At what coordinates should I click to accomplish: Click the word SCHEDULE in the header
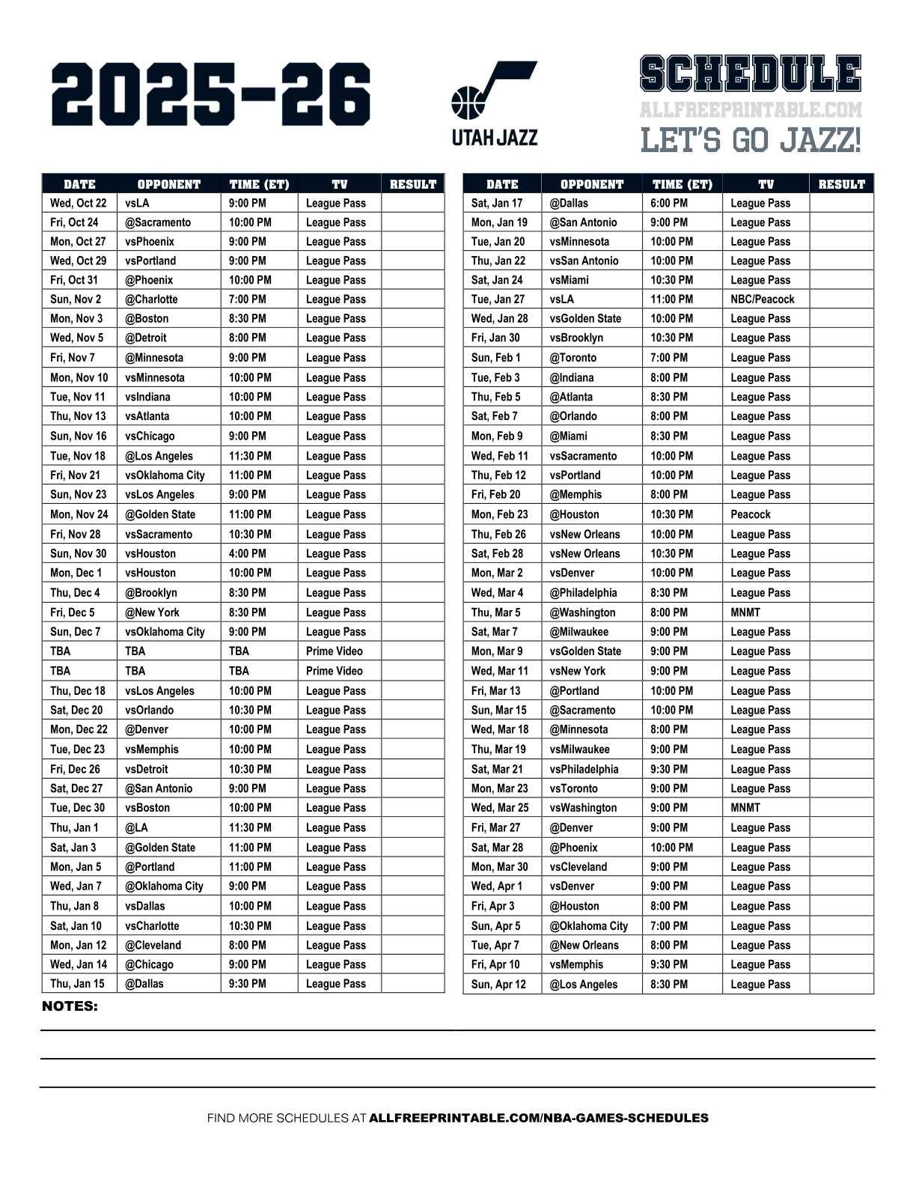coord(751,75)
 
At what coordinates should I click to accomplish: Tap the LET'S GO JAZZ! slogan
coord(751,140)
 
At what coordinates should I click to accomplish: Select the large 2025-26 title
coord(211,94)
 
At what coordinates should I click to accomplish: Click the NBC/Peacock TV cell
coord(762,299)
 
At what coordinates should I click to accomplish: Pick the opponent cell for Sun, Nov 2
coord(152,299)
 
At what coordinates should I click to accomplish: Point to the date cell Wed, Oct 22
coord(79,203)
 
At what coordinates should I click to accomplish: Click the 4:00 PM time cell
coord(247,554)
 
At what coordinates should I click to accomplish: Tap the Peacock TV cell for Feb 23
coord(751,514)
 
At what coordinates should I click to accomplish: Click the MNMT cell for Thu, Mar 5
coord(745,612)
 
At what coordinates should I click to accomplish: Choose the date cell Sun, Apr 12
coord(498,985)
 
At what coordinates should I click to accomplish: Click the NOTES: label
coord(70,1006)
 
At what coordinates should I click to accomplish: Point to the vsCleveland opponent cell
coord(578,867)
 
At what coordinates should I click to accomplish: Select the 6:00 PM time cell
coord(669,203)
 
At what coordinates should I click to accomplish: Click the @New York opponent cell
coord(153,612)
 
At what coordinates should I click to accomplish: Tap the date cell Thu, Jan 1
coord(74,828)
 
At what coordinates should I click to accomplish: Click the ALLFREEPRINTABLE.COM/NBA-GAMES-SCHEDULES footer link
coord(539,1118)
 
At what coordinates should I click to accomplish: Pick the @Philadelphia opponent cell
coord(584,593)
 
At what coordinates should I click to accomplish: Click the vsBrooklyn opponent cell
coord(577,338)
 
